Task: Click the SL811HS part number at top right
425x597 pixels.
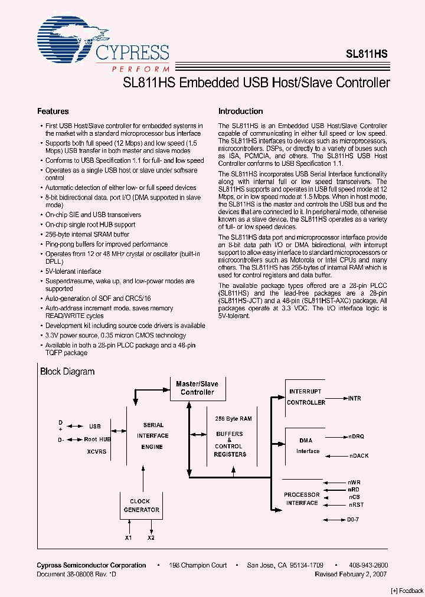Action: click(x=367, y=53)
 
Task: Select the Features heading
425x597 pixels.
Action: click(x=53, y=111)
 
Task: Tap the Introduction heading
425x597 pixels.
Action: click(x=240, y=111)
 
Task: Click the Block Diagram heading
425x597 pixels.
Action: click(x=67, y=372)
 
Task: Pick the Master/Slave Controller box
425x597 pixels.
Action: click(x=197, y=388)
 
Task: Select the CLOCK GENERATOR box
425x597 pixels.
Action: click(x=141, y=506)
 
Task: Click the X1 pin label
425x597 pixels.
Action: click(x=129, y=537)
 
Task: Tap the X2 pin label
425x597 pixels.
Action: click(x=151, y=537)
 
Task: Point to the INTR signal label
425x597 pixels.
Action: click(x=354, y=399)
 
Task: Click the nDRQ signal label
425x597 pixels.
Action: click(x=357, y=437)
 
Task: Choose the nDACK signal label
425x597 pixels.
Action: click(x=358, y=456)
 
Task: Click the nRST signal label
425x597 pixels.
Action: click(x=355, y=505)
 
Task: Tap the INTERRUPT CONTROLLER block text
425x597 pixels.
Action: click(x=306, y=397)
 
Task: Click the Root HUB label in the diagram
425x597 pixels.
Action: click(x=97, y=439)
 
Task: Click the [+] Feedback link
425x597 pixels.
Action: click(x=407, y=591)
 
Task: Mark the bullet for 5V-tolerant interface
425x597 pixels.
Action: click(x=41, y=271)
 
